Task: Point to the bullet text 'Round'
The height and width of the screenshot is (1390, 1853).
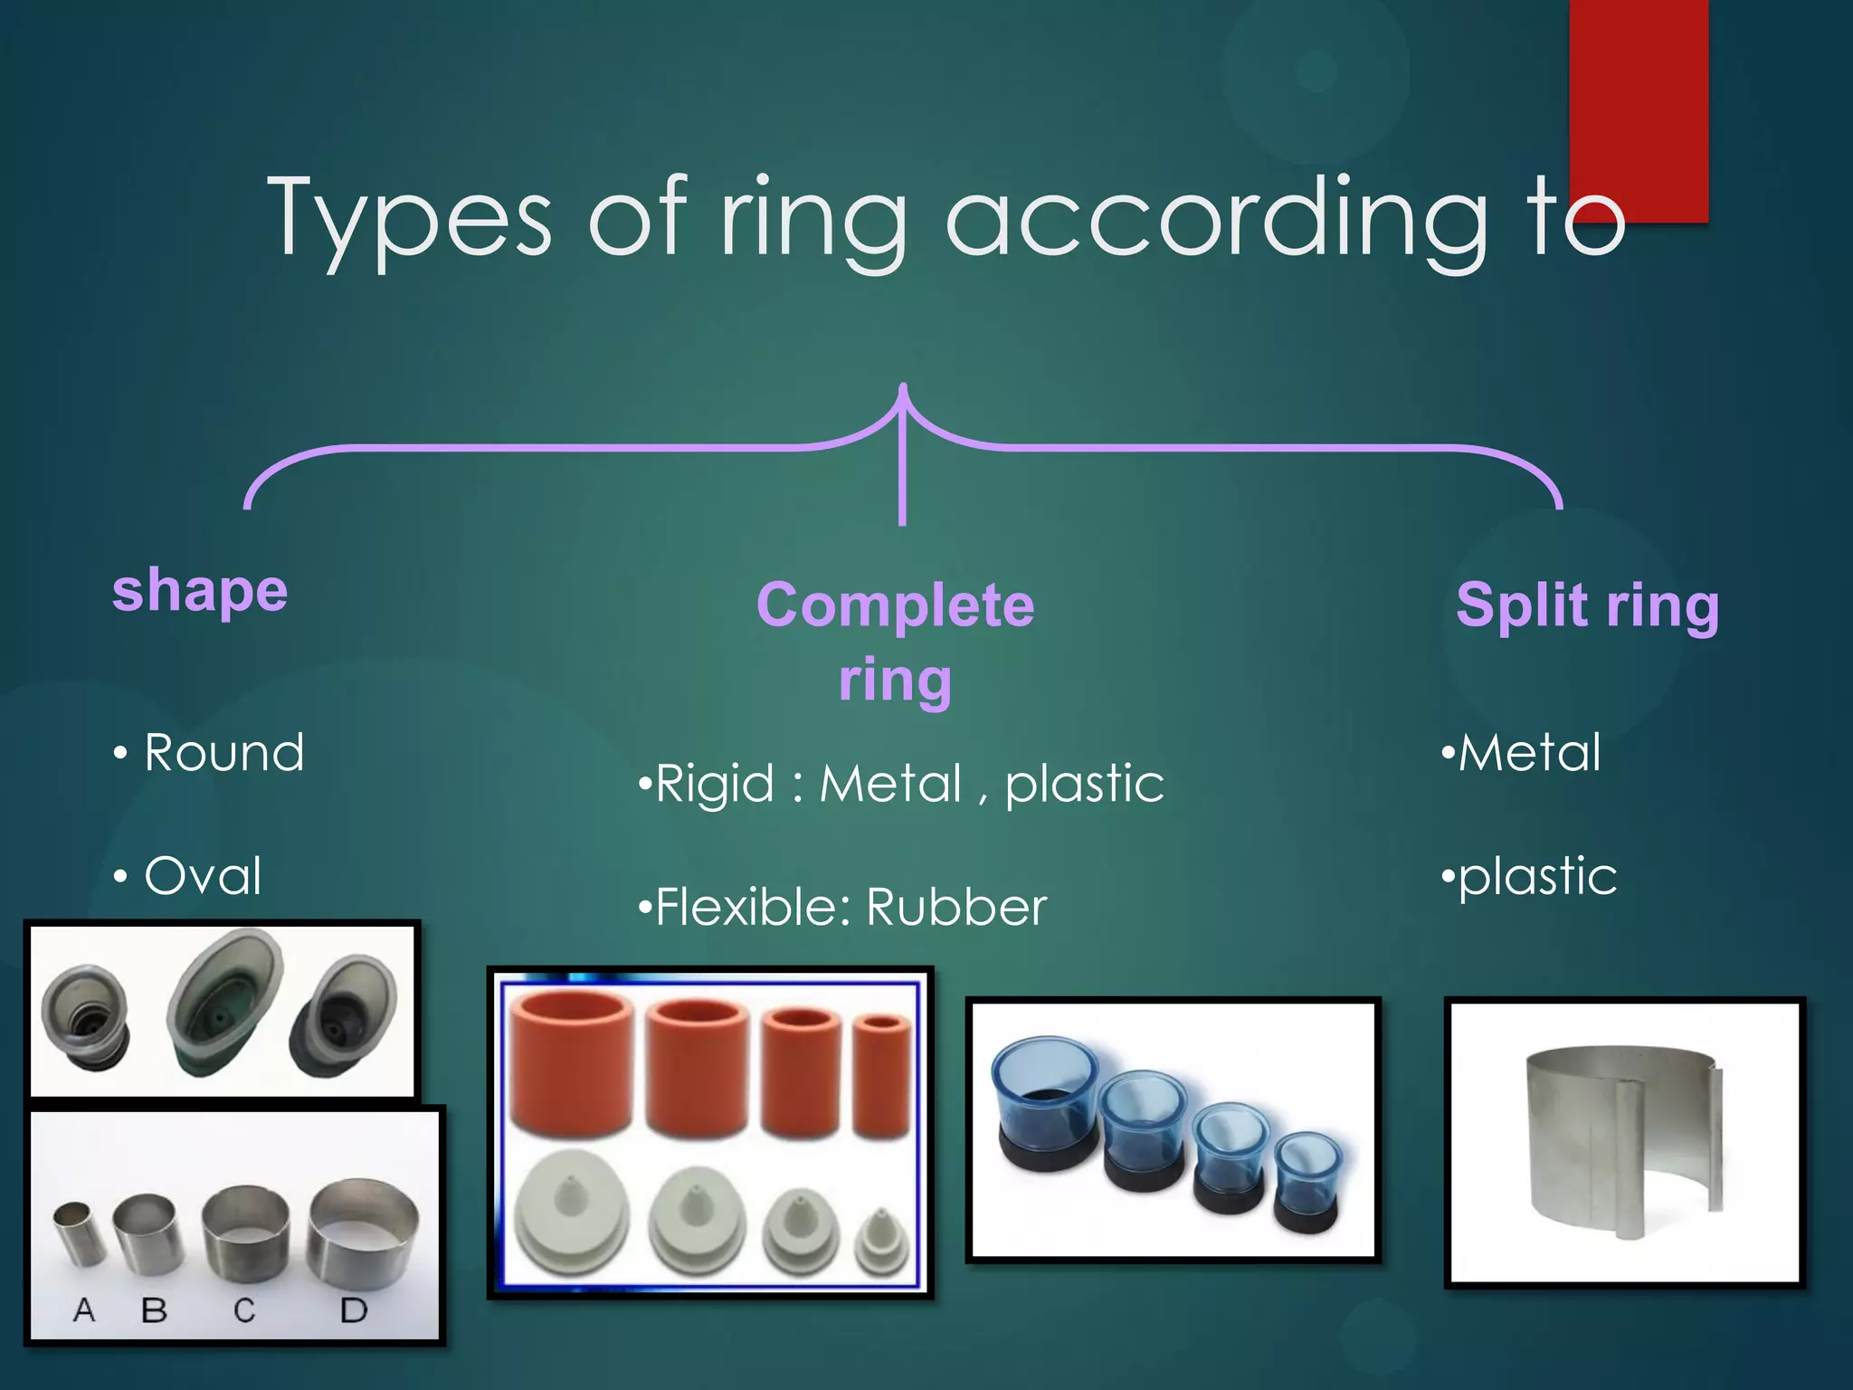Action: pyautogui.click(x=224, y=752)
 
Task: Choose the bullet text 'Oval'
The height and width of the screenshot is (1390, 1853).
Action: pyautogui.click(x=203, y=875)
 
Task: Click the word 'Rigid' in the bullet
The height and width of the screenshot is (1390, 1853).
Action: pyautogui.click(x=715, y=783)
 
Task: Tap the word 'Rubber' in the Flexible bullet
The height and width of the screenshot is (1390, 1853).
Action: pyautogui.click(x=956, y=907)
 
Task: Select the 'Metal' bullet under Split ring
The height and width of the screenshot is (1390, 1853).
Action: pyautogui.click(x=1529, y=752)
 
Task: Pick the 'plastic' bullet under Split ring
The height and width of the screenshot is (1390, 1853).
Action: pyautogui.click(x=1537, y=875)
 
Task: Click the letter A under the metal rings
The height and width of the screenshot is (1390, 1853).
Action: pyautogui.click(x=84, y=1309)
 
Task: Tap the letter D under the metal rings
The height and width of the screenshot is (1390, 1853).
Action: pyautogui.click(x=353, y=1309)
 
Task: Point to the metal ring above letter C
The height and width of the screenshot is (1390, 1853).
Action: pyautogui.click(x=245, y=1235)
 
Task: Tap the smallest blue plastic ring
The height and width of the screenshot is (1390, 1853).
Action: pyautogui.click(x=1307, y=1181)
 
